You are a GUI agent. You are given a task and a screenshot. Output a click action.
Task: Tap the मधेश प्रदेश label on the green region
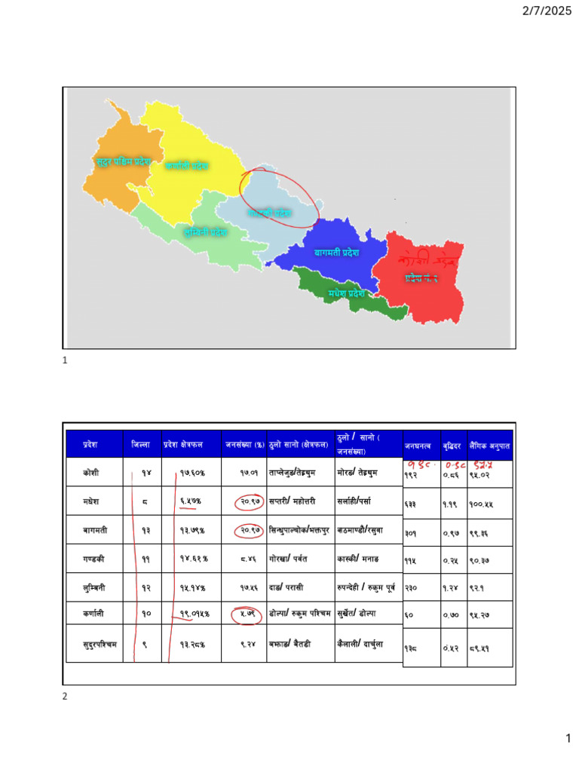(x=346, y=293)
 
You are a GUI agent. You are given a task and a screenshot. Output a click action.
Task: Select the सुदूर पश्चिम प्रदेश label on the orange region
(x=123, y=161)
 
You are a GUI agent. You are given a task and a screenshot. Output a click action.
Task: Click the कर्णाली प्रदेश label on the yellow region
(x=187, y=165)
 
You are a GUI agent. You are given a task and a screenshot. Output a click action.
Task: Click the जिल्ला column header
(x=141, y=445)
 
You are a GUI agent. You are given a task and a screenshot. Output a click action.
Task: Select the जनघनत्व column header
(x=418, y=446)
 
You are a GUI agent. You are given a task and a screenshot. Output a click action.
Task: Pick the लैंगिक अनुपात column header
(x=489, y=446)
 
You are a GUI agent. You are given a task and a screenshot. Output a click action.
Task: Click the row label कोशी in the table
(x=93, y=473)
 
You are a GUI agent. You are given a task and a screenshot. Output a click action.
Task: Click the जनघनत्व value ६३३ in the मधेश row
(x=410, y=504)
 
